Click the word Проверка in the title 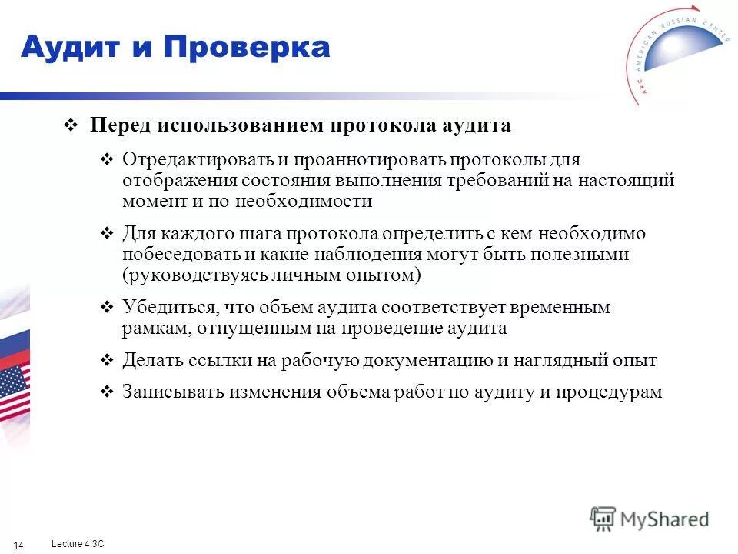click(247, 48)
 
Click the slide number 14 click(19, 546)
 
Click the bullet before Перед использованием click(70, 126)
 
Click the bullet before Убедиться click(108, 308)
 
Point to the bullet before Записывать click(108, 392)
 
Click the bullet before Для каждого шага click(108, 234)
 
